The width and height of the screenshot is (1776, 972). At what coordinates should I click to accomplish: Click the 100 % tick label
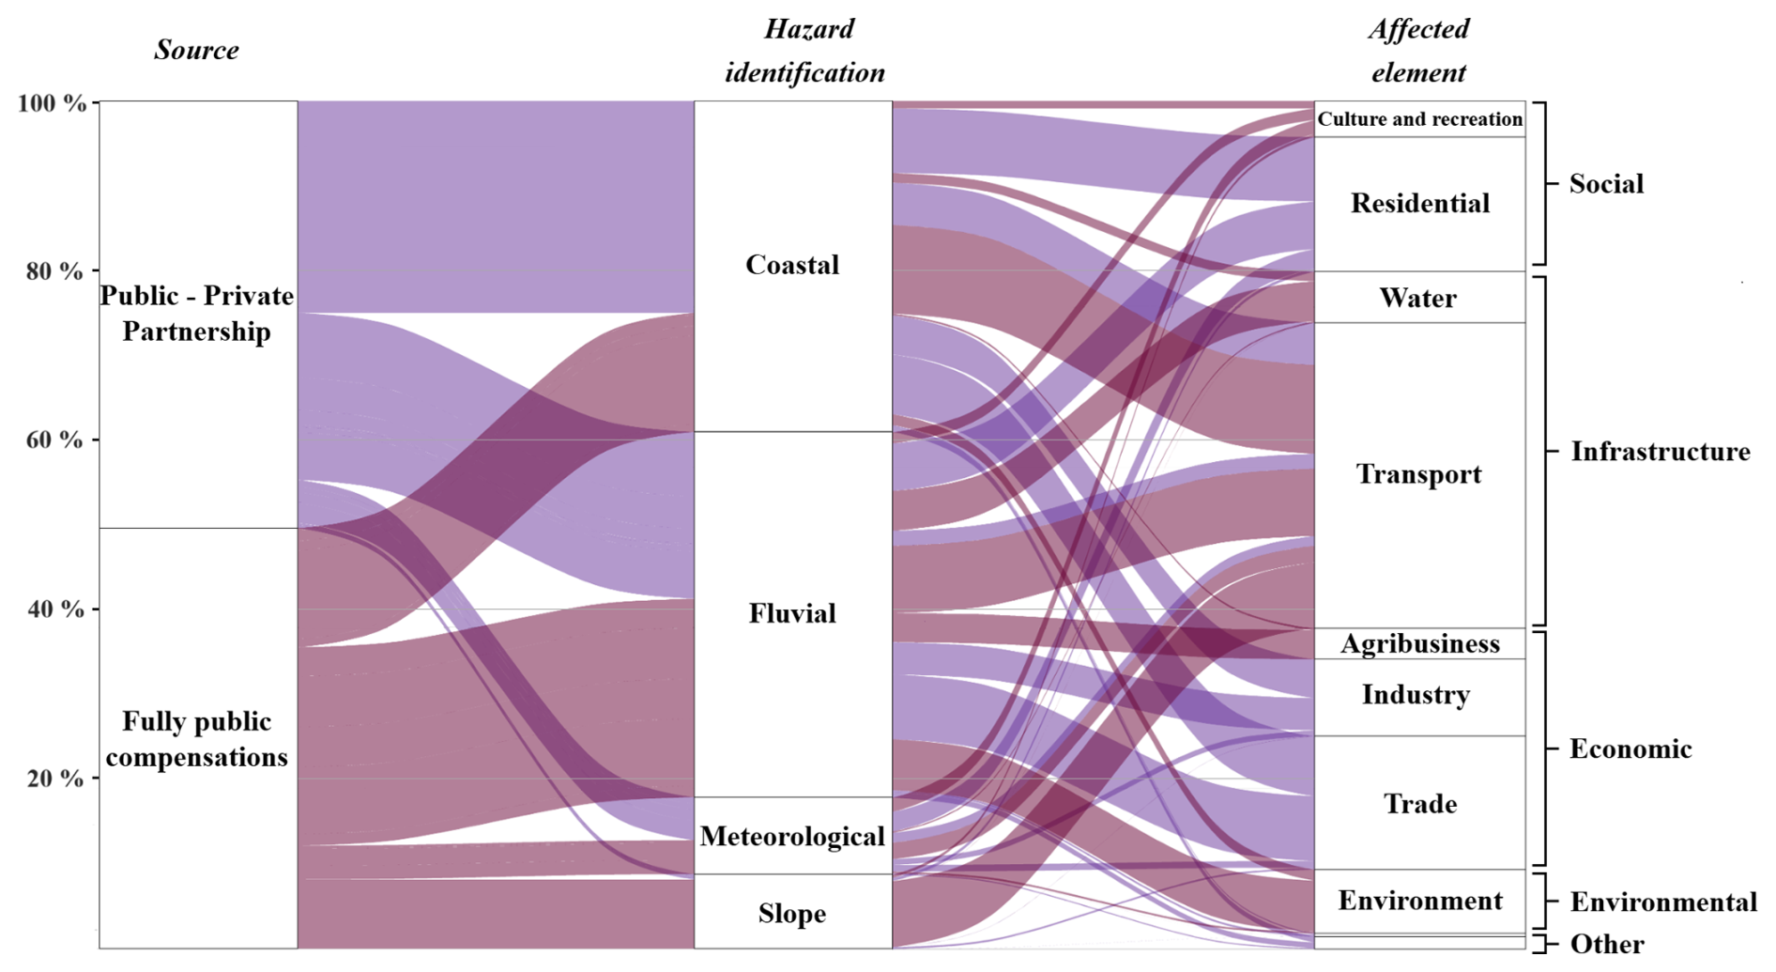point(52,102)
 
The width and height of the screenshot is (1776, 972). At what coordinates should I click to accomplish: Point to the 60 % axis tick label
point(54,440)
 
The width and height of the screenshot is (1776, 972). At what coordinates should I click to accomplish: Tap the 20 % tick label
point(54,779)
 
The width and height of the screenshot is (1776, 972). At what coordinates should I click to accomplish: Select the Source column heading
point(196,50)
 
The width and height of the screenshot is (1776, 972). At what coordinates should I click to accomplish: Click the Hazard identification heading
point(805,51)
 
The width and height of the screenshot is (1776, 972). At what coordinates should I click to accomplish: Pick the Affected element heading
point(1418,51)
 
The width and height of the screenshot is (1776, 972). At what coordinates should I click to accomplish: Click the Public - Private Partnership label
point(196,314)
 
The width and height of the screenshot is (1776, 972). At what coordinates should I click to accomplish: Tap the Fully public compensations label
point(196,739)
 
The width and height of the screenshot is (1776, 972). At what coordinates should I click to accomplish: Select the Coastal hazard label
point(792,265)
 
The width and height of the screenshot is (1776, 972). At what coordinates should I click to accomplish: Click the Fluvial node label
point(792,613)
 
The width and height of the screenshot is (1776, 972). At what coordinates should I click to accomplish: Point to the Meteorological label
point(792,836)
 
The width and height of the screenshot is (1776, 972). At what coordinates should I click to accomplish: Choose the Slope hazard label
point(792,913)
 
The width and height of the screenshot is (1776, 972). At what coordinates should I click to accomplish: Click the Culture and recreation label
point(1419,119)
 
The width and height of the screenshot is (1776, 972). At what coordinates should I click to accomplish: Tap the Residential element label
point(1419,203)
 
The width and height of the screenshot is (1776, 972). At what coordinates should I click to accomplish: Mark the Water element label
point(1417,298)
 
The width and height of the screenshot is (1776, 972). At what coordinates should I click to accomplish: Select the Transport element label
point(1418,474)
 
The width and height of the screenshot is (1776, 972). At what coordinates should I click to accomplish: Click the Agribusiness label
point(1419,643)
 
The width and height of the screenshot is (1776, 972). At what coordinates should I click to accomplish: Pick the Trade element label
point(1419,804)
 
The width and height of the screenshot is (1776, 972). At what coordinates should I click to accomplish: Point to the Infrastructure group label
point(1660,452)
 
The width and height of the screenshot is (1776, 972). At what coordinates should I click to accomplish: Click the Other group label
point(1607,943)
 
